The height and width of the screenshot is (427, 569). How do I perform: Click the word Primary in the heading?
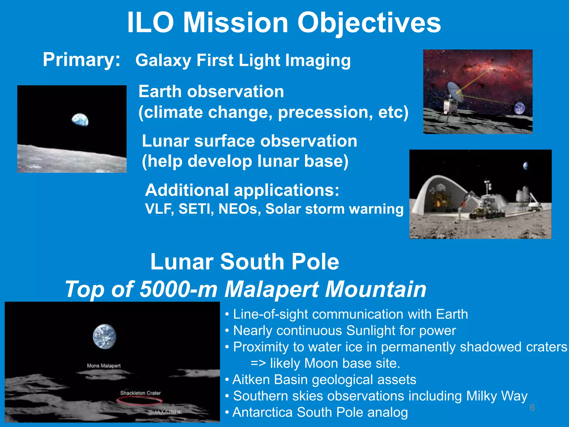[81, 60]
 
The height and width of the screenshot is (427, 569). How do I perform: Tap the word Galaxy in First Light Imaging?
[163, 61]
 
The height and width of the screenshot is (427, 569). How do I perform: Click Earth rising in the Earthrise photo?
[80, 120]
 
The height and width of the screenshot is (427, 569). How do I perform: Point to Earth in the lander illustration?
[519, 108]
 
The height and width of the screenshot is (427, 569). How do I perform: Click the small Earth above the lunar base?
[526, 166]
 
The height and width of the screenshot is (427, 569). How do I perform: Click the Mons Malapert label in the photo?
[104, 366]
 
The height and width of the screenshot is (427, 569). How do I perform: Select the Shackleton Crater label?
[140, 393]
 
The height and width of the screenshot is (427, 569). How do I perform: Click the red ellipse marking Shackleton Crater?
[139, 401]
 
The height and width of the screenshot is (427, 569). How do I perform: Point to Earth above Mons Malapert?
[104, 336]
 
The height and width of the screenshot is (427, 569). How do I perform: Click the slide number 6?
[532, 408]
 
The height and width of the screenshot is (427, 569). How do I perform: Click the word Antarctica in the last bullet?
[262, 412]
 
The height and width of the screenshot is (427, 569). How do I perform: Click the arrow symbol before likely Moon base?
[258, 363]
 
